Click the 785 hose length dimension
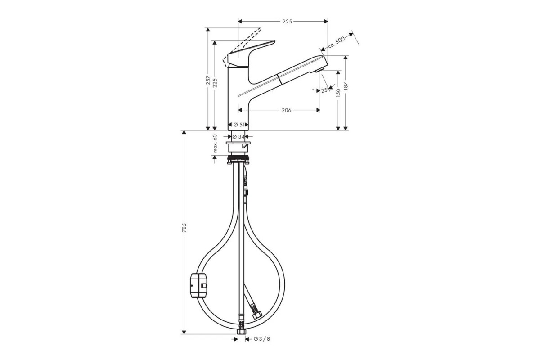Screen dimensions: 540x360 click(184, 228)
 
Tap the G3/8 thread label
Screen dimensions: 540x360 click(262, 339)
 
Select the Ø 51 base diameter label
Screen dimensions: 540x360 click(238, 125)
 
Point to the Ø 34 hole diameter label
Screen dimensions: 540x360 click(238, 137)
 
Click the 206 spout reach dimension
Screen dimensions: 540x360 click(286, 110)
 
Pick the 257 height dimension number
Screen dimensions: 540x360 click(208, 80)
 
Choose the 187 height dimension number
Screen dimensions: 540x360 click(346, 86)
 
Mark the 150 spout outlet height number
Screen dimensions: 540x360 click(338, 93)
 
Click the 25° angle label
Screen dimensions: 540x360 click(325, 90)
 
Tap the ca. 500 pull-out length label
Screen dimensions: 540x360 click(336, 42)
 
